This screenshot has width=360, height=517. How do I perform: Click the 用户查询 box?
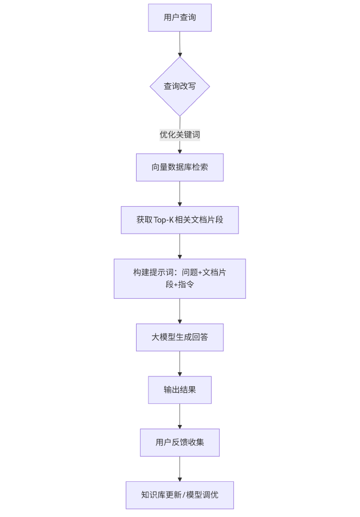point(179,18)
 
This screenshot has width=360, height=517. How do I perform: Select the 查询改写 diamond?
point(179,86)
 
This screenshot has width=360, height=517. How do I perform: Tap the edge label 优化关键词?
point(179,135)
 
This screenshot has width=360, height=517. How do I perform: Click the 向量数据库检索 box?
point(179,167)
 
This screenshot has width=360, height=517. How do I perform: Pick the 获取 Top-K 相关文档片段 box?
point(179,220)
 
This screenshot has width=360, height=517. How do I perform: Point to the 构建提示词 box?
point(179,279)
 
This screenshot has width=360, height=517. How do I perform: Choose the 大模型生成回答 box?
point(179,337)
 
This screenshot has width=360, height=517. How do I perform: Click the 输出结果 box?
point(179,390)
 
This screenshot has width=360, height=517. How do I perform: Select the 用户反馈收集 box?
point(179,443)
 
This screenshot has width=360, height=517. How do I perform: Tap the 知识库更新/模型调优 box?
point(179,495)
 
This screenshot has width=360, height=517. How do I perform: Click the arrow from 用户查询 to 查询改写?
point(179,44)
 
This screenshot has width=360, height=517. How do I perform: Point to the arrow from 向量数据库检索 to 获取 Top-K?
point(179,194)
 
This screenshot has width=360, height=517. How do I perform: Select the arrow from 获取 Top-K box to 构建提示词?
point(179,246)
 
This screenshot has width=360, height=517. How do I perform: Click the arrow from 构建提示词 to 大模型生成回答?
point(179,311)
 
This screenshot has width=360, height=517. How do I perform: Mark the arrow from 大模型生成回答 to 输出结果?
point(179,363)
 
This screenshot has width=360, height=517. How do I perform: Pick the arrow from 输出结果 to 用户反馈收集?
point(179,416)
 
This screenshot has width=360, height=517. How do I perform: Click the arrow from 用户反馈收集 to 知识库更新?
point(179,469)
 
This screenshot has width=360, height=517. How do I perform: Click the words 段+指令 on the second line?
point(179,285)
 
